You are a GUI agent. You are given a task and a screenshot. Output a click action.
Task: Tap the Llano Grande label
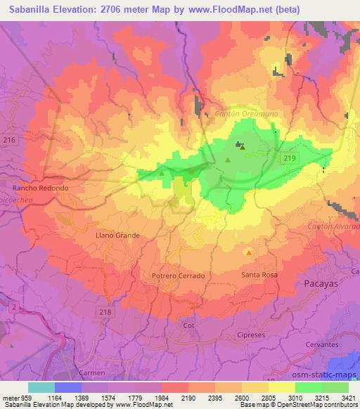pyautogui.click(x=117, y=235)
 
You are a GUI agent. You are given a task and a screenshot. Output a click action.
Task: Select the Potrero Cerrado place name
pyautogui.click(x=178, y=276)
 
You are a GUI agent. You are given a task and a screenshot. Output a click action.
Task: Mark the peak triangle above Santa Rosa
pyautogui.click(x=248, y=252)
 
